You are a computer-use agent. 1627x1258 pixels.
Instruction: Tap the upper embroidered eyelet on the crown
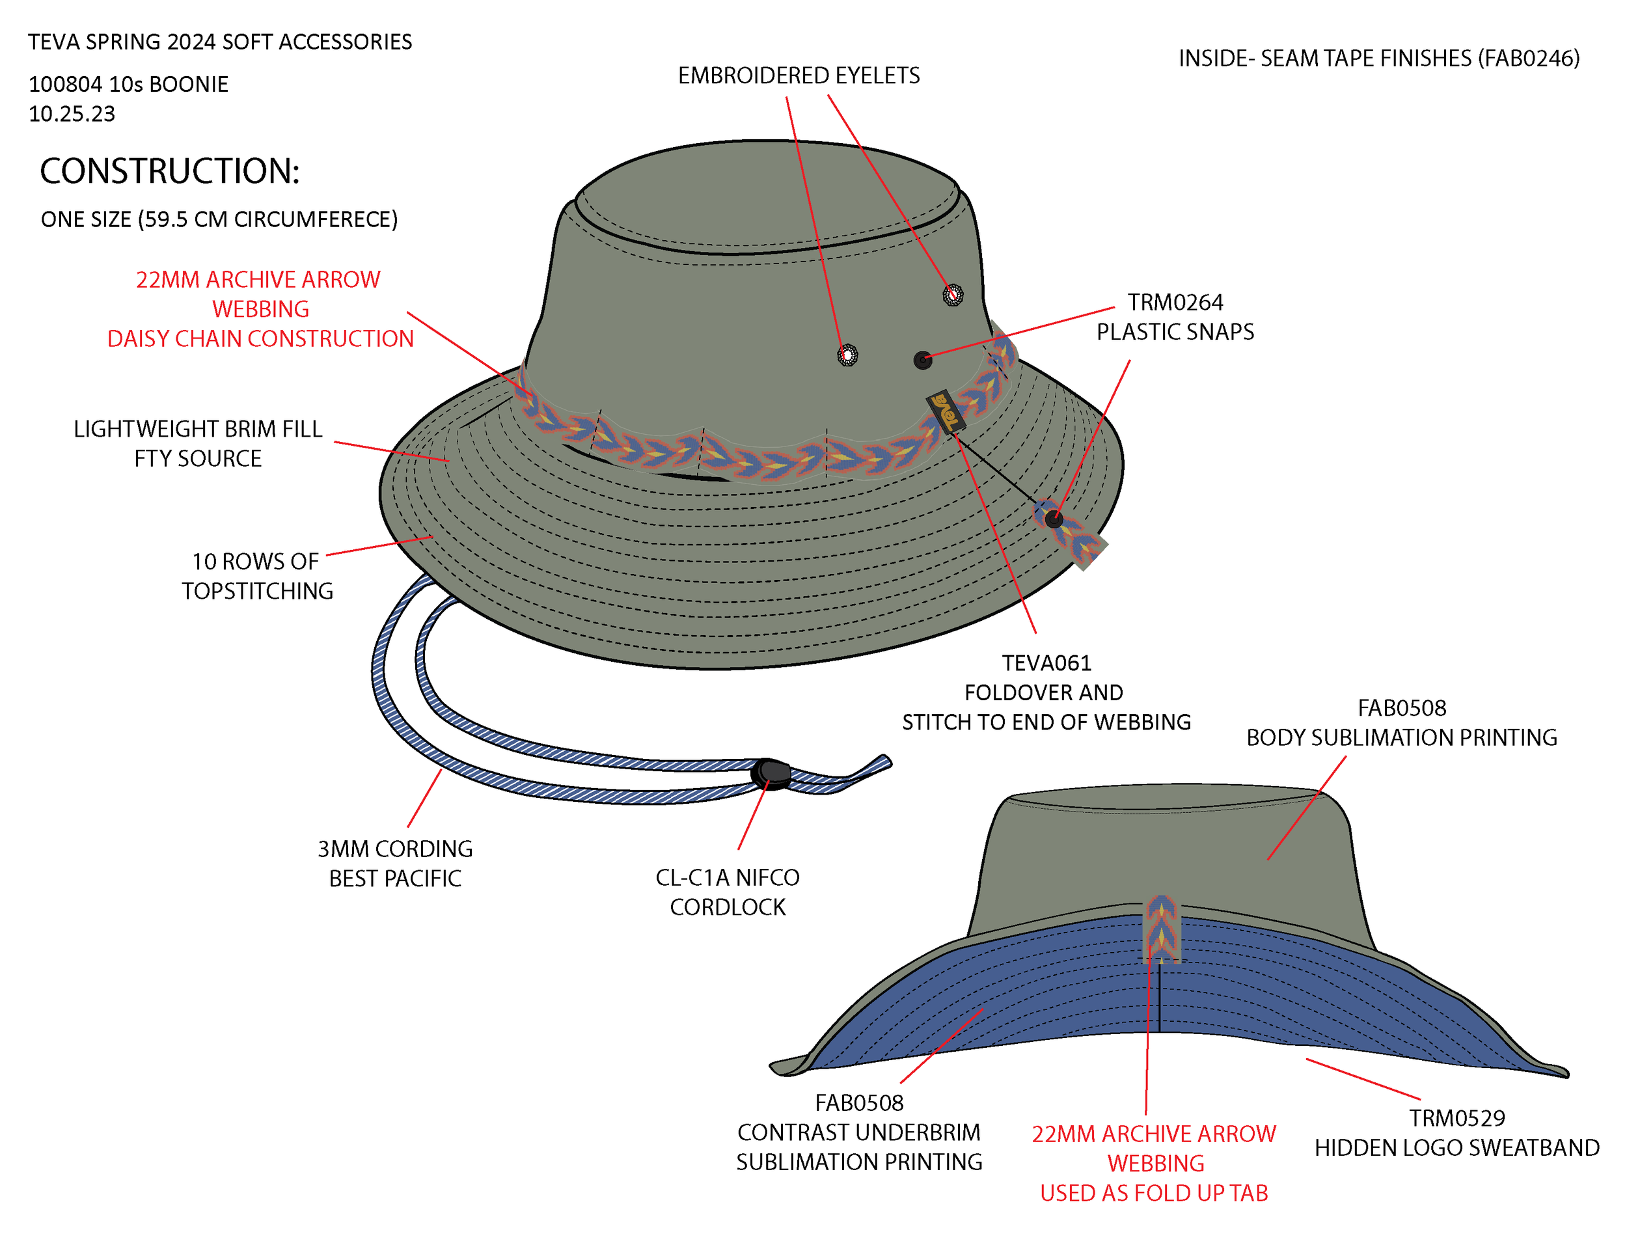coord(953,294)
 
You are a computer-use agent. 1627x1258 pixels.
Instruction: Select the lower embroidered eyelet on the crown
coord(847,355)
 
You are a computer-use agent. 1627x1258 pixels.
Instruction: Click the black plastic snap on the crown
coord(922,361)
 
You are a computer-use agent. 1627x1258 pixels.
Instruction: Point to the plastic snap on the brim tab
coord(1054,519)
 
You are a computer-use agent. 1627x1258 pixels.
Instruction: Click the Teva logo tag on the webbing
coord(946,411)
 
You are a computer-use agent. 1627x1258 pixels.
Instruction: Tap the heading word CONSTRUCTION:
coord(169,171)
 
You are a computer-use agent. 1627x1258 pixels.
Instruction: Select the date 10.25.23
coord(72,114)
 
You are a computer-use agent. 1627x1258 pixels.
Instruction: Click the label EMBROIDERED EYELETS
coord(799,75)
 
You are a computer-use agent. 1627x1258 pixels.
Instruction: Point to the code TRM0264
coord(1175,303)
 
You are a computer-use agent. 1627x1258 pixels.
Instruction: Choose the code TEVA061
coord(1046,663)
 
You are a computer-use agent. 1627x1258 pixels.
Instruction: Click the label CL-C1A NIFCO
coord(727,877)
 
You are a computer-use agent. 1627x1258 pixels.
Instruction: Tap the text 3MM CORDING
coord(395,849)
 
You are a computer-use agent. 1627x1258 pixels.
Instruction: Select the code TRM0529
coord(1456,1118)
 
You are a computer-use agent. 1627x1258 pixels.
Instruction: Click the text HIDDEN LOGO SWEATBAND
coord(1456,1148)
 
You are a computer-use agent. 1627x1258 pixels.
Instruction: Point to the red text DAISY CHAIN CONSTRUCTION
coord(260,339)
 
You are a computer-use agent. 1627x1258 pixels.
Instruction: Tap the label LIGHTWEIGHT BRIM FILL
coord(197,429)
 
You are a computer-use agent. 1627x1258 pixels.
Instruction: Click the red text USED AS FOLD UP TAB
coord(1153,1193)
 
